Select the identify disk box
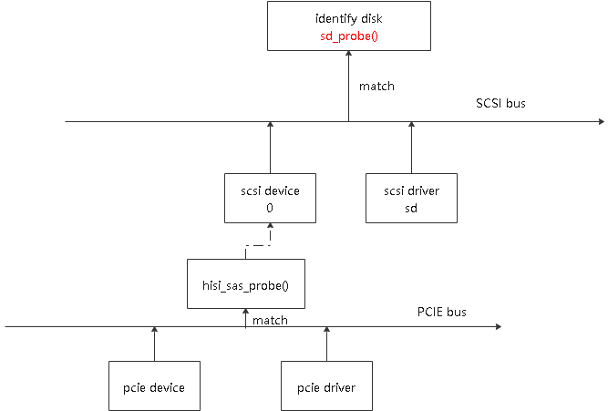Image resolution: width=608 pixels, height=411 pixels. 347,26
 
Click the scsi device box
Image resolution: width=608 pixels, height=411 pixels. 270,198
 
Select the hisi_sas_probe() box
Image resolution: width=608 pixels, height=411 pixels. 244,283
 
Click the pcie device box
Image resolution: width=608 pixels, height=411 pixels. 154,387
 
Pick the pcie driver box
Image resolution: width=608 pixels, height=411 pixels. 325,387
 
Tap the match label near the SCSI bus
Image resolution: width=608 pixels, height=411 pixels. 376,87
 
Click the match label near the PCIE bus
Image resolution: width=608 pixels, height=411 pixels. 270,320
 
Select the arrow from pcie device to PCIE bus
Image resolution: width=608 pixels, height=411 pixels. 154,344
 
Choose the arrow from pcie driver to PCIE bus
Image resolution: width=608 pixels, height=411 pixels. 325,344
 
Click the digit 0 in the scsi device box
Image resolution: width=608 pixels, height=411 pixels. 270,207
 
